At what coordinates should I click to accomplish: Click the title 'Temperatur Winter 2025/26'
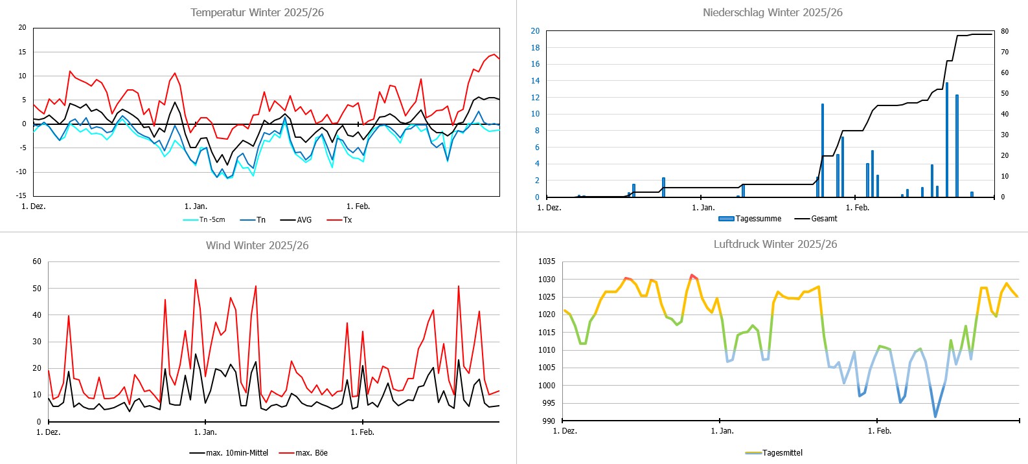[257, 12]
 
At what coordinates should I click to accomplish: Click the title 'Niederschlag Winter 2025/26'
[772, 12]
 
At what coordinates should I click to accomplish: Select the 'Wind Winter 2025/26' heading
[257, 245]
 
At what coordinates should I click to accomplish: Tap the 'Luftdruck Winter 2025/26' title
[775, 244]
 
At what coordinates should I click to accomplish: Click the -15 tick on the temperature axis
[22, 195]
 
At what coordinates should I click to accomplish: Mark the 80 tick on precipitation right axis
[1004, 31]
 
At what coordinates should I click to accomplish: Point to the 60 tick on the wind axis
[37, 261]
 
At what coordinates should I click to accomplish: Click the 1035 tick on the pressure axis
[547, 261]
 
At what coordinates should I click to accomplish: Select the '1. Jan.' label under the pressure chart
[722, 431]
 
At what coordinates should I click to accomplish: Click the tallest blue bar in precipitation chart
[947, 139]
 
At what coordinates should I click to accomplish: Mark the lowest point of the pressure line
[935, 417]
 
